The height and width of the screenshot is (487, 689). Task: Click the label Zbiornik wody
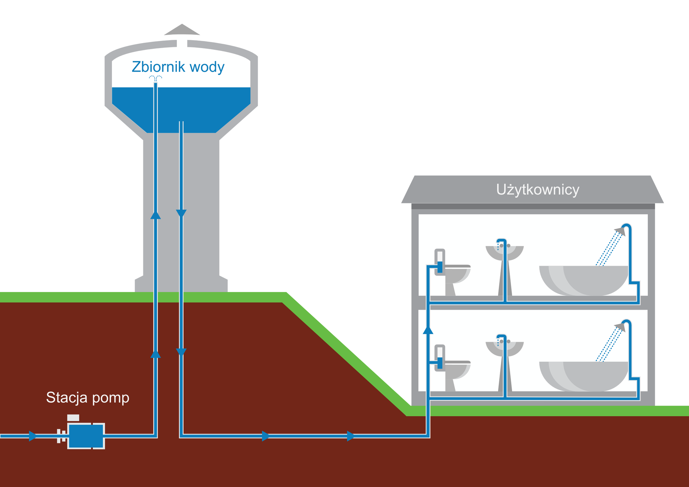click(x=178, y=67)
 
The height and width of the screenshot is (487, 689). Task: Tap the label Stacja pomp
click(x=88, y=398)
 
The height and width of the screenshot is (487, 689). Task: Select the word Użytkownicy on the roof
click(x=538, y=189)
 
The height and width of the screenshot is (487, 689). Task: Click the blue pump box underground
click(x=85, y=436)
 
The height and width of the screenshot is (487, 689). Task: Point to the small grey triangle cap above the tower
click(x=182, y=30)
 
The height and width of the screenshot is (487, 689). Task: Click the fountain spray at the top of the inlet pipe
click(x=155, y=78)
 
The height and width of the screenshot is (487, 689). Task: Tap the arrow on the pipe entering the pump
click(x=33, y=436)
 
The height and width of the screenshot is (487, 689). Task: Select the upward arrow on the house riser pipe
click(x=428, y=330)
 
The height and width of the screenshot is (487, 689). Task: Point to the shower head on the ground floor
click(x=620, y=326)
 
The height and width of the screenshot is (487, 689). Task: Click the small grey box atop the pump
click(x=73, y=418)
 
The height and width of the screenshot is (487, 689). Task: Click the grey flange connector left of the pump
click(x=61, y=436)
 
